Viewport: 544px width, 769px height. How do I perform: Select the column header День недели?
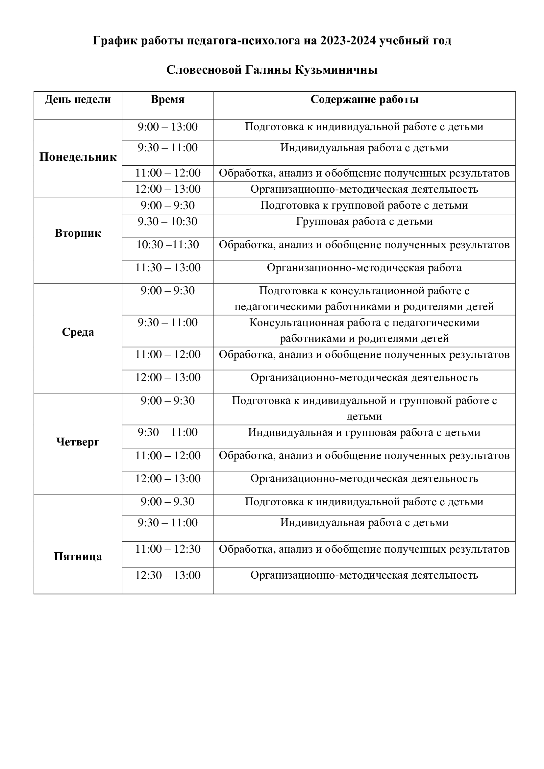(78, 100)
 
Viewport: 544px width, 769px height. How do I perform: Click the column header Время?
(167, 100)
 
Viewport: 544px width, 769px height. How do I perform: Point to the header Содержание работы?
(364, 100)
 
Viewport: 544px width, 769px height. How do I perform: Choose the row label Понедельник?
(78, 157)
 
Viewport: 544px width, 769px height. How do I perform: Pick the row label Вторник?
(78, 233)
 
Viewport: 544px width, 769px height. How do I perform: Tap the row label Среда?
(78, 332)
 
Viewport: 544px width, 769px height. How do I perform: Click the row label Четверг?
(78, 442)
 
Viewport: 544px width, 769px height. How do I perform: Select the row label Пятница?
(78, 557)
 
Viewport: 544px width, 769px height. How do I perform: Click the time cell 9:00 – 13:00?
(167, 127)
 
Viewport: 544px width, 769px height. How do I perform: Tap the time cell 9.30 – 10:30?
(167, 222)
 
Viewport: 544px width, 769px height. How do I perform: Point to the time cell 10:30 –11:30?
(167, 245)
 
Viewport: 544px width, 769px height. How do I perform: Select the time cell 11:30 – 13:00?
(167, 268)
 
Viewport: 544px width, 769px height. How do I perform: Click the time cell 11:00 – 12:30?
(167, 549)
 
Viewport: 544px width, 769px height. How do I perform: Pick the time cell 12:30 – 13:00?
(167, 575)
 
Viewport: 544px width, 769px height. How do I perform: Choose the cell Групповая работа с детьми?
(364, 222)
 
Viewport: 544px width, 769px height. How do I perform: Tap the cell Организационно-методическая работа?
(364, 268)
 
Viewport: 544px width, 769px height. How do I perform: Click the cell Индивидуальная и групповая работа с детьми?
(364, 433)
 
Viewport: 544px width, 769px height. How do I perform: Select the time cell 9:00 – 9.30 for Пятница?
(167, 502)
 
